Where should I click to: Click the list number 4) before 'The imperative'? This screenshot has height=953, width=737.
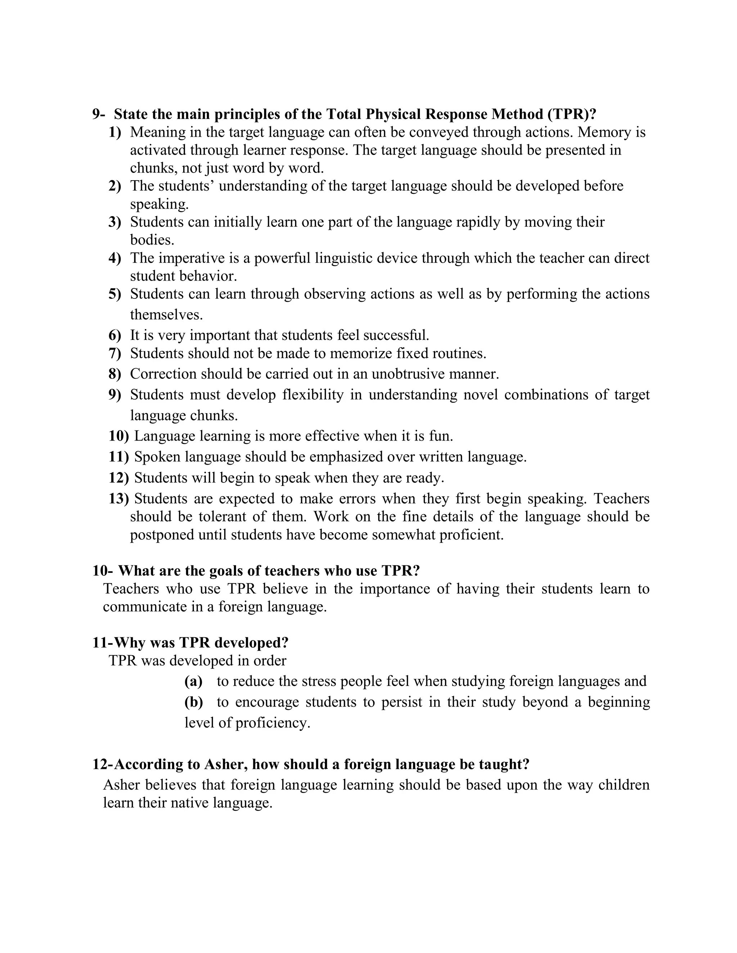point(114,258)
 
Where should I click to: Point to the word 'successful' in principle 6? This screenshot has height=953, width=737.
point(395,335)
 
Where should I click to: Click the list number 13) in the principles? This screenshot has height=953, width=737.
point(118,499)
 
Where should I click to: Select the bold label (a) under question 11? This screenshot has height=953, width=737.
point(193,681)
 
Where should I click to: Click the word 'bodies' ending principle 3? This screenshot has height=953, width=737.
point(152,240)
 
